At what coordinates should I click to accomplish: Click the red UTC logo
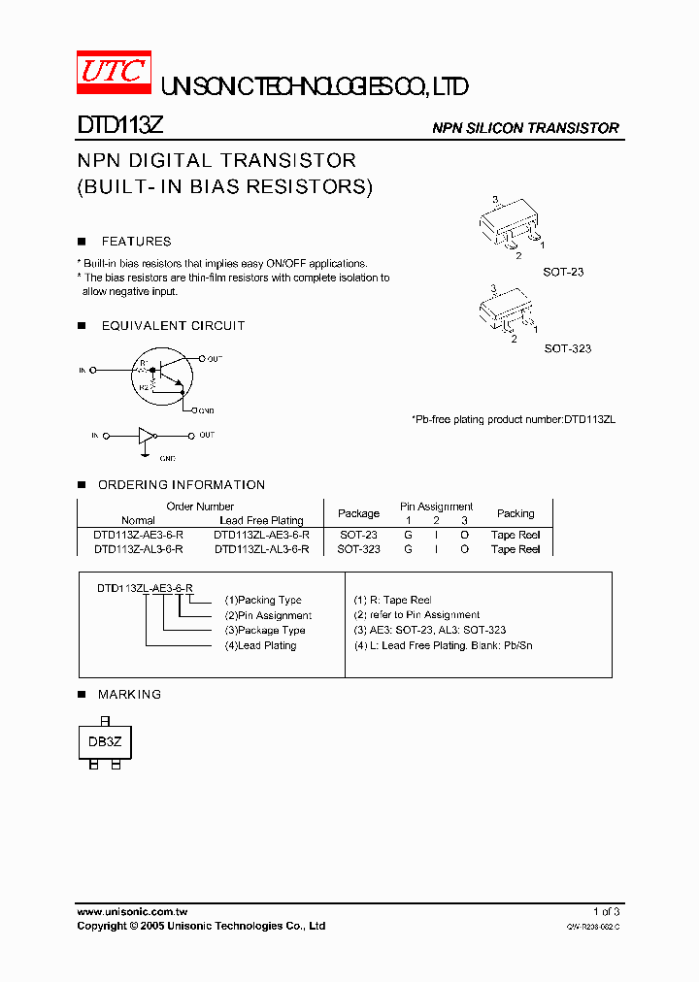(114, 72)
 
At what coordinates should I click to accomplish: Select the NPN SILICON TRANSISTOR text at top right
(525, 128)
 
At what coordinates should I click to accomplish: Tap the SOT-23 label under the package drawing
(563, 273)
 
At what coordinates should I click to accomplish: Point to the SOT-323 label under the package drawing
(567, 348)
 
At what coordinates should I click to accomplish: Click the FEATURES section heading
(136, 242)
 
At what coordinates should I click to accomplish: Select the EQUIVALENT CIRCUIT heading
(173, 326)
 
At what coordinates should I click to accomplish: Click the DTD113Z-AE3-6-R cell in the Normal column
(138, 535)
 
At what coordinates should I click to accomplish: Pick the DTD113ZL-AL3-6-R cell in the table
(261, 549)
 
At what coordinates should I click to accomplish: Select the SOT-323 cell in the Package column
(358, 549)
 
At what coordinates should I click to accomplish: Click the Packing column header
(516, 513)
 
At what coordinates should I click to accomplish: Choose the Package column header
(358, 513)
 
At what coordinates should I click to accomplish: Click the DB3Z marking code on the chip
(104, 742)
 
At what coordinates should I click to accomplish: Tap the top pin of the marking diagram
(104, 721)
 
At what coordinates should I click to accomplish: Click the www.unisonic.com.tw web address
(132, 911)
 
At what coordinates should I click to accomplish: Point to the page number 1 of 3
(606, 911)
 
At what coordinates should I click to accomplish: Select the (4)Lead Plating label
(260, 645)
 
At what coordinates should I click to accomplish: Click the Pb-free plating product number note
(514, 419)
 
